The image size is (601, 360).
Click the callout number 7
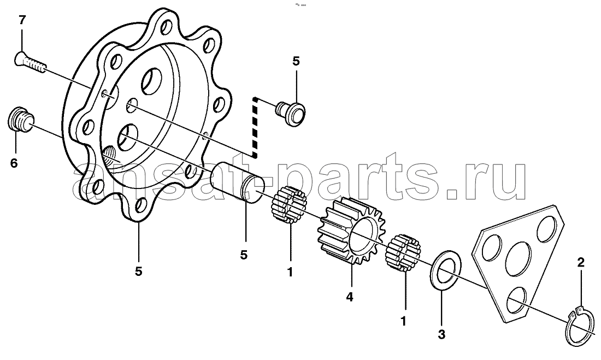[x=22, y=20]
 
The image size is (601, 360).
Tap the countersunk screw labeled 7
[x=30, y=64]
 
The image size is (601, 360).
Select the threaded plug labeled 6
[x=20, y=120]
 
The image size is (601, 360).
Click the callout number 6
[x=14, y=163]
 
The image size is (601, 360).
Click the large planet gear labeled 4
[x=351, y=231]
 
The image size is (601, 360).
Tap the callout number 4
[x=349, y=297]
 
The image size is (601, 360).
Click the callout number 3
[x=441, y=334]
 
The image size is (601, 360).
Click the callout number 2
[x=581, y=263]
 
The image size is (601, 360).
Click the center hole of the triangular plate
[x=518, y=258]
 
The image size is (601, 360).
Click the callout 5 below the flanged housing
[x=138, y=271]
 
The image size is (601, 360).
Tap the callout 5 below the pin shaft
[x=244, y=254]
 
